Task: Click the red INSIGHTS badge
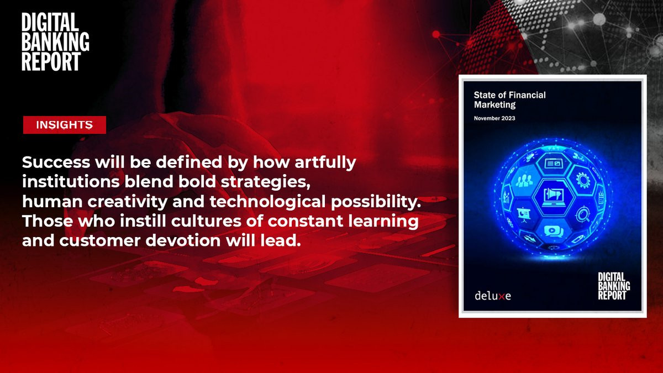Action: point(65,125)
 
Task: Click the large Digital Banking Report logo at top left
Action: point(55,41)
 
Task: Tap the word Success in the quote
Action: point(56,162)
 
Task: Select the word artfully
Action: point(325,163)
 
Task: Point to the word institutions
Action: point(71,181)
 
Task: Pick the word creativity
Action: point(127,202)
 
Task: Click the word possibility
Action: point(376,202)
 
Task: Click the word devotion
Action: point(183,240)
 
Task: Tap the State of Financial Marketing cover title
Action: point(509,100)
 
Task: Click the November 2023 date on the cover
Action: point(494,118)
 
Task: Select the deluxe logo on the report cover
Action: point(493,296)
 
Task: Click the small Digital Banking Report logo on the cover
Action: point(614,286)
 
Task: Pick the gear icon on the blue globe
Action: point(583,180)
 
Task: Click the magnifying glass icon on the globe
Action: point(582,214)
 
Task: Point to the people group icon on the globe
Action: point(524,181)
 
